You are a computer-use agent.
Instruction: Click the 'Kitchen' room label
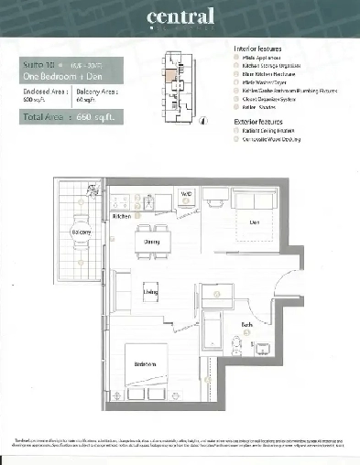[121, 217]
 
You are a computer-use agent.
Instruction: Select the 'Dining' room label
[152, 243]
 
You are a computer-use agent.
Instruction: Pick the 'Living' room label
[151, 292]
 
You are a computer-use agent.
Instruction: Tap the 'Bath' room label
[247, 325]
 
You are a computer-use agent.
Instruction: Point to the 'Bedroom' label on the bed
[145, 364]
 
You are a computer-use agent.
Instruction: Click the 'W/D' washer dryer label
[185, 194]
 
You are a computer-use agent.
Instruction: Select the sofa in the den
[257, 200]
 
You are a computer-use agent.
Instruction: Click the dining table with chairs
[153, 242]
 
